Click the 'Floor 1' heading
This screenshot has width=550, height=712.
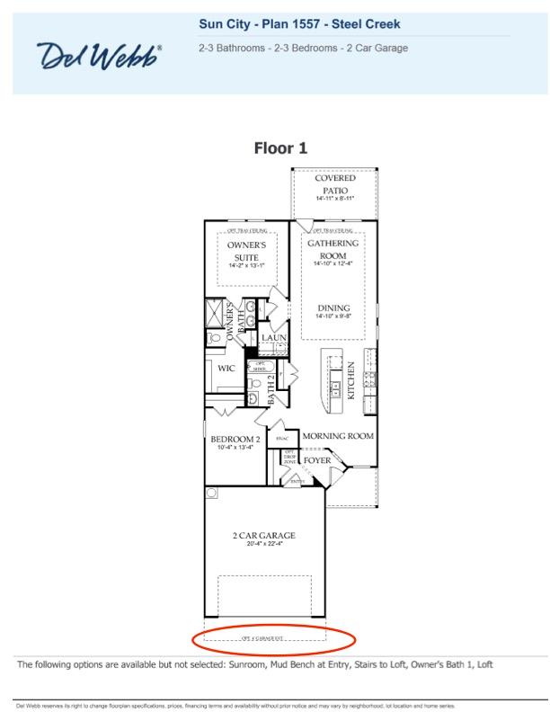(x=280, y=148)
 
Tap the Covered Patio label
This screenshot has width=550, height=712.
(x=333, y=183)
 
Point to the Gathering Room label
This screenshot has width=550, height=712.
(x=333, y=248)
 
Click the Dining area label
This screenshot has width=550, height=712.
(x=333, y=308)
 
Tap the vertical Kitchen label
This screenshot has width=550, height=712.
(x=351, y=380)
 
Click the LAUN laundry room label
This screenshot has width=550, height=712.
(x=273, y=338)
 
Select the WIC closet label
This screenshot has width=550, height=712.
(x=226, y=368)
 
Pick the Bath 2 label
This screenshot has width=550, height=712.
(x=272, y=388)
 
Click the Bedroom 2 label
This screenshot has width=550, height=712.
(x=235, y=440)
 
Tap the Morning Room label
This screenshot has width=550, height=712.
(x=337, y=436)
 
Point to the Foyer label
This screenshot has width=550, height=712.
(x=317, y=460)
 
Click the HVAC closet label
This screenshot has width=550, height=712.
(x=280, y=439)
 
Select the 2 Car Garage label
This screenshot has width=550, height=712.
(x=263, y=536)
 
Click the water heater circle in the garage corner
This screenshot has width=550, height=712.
(x=211, y=493)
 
